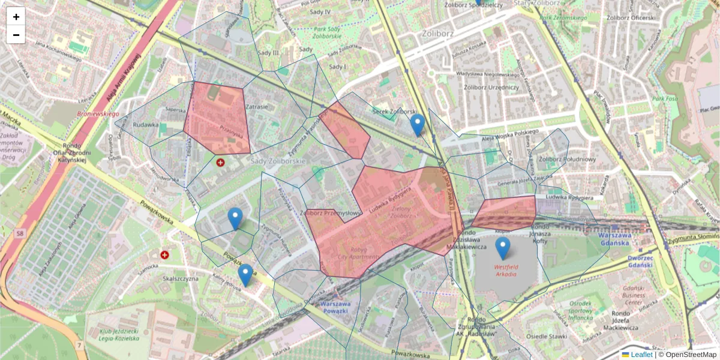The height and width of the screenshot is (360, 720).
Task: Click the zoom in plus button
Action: pyautogui.click(x=16, y=17)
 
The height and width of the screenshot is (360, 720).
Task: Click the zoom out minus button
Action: pyautogui.click(x=16, y=35)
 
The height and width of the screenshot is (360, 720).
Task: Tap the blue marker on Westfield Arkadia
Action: pyautogui.click(x=503, y=248)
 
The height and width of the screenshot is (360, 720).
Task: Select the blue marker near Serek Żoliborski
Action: pyautogui.click(x=418, y=125)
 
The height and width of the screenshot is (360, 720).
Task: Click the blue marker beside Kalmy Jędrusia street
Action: pyautogui.click(x=245, y=274)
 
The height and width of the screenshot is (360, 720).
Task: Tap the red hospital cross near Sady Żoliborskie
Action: pyautogui.click(x=221, y=162)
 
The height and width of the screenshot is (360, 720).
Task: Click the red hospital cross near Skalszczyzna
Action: pyautogui.click(x=164, y=255)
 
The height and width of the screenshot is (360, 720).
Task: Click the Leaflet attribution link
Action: pyautogui.click(x=640, y=355)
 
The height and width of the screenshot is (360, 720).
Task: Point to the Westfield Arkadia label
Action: pyautogui.click(x=506, y=270)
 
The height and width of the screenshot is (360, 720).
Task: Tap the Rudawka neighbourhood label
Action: pyautogui.click(x=146, y=125)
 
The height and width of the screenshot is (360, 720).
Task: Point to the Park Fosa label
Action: pyautogui.click(x=665, y=99)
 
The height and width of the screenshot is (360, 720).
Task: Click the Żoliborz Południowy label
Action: pyautogui.click(x=567, y=159)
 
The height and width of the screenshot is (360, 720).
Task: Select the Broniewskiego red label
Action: pyautogui.click(x=98, y=113)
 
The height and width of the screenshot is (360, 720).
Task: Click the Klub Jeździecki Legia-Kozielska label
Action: pyautogui.click(x=120, y=334)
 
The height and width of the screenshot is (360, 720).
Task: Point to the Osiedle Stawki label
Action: pyautogui.click(x=546, y=336)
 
